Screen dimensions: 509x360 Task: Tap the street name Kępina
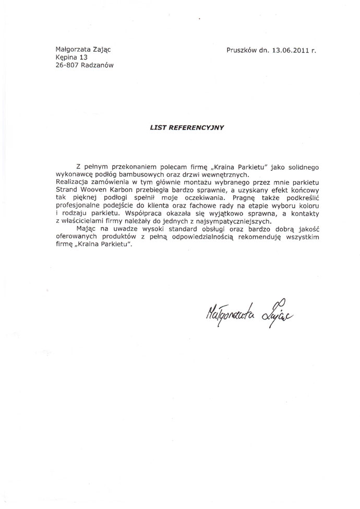pos(67,57)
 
